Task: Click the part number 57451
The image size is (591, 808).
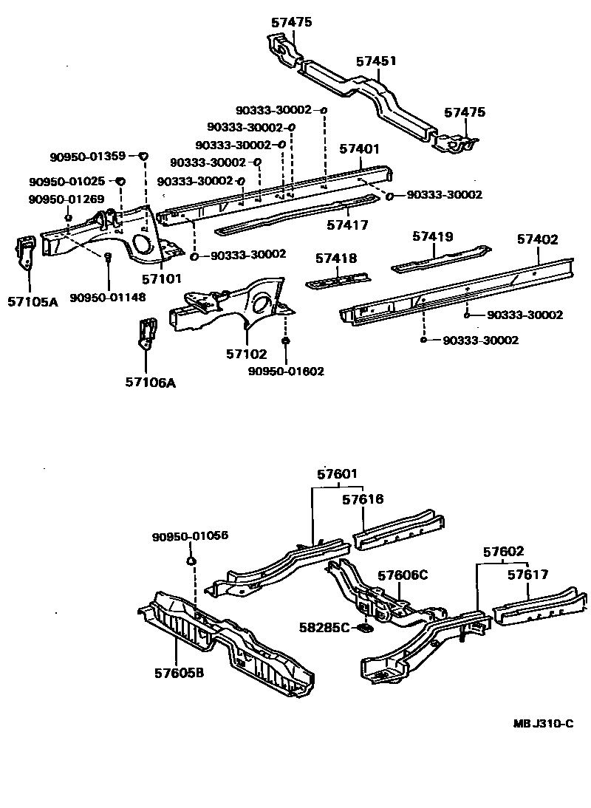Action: (376, 61)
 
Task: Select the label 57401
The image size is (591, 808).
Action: (360, 148)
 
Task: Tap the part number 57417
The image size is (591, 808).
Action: (347, 225)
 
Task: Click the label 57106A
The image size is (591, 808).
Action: (154, 382)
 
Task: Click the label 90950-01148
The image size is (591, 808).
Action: (108, 297)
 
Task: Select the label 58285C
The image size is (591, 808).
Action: (324, 627)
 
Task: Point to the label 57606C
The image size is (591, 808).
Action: (403, 575)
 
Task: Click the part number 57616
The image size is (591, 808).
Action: (363, 499)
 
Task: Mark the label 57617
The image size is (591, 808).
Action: (528, 575)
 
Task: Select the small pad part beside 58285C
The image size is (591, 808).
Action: (363, 629)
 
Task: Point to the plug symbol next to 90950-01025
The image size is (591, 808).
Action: (122, 181)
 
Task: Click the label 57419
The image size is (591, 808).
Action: (433, 236)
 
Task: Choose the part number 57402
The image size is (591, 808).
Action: (537, 239)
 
